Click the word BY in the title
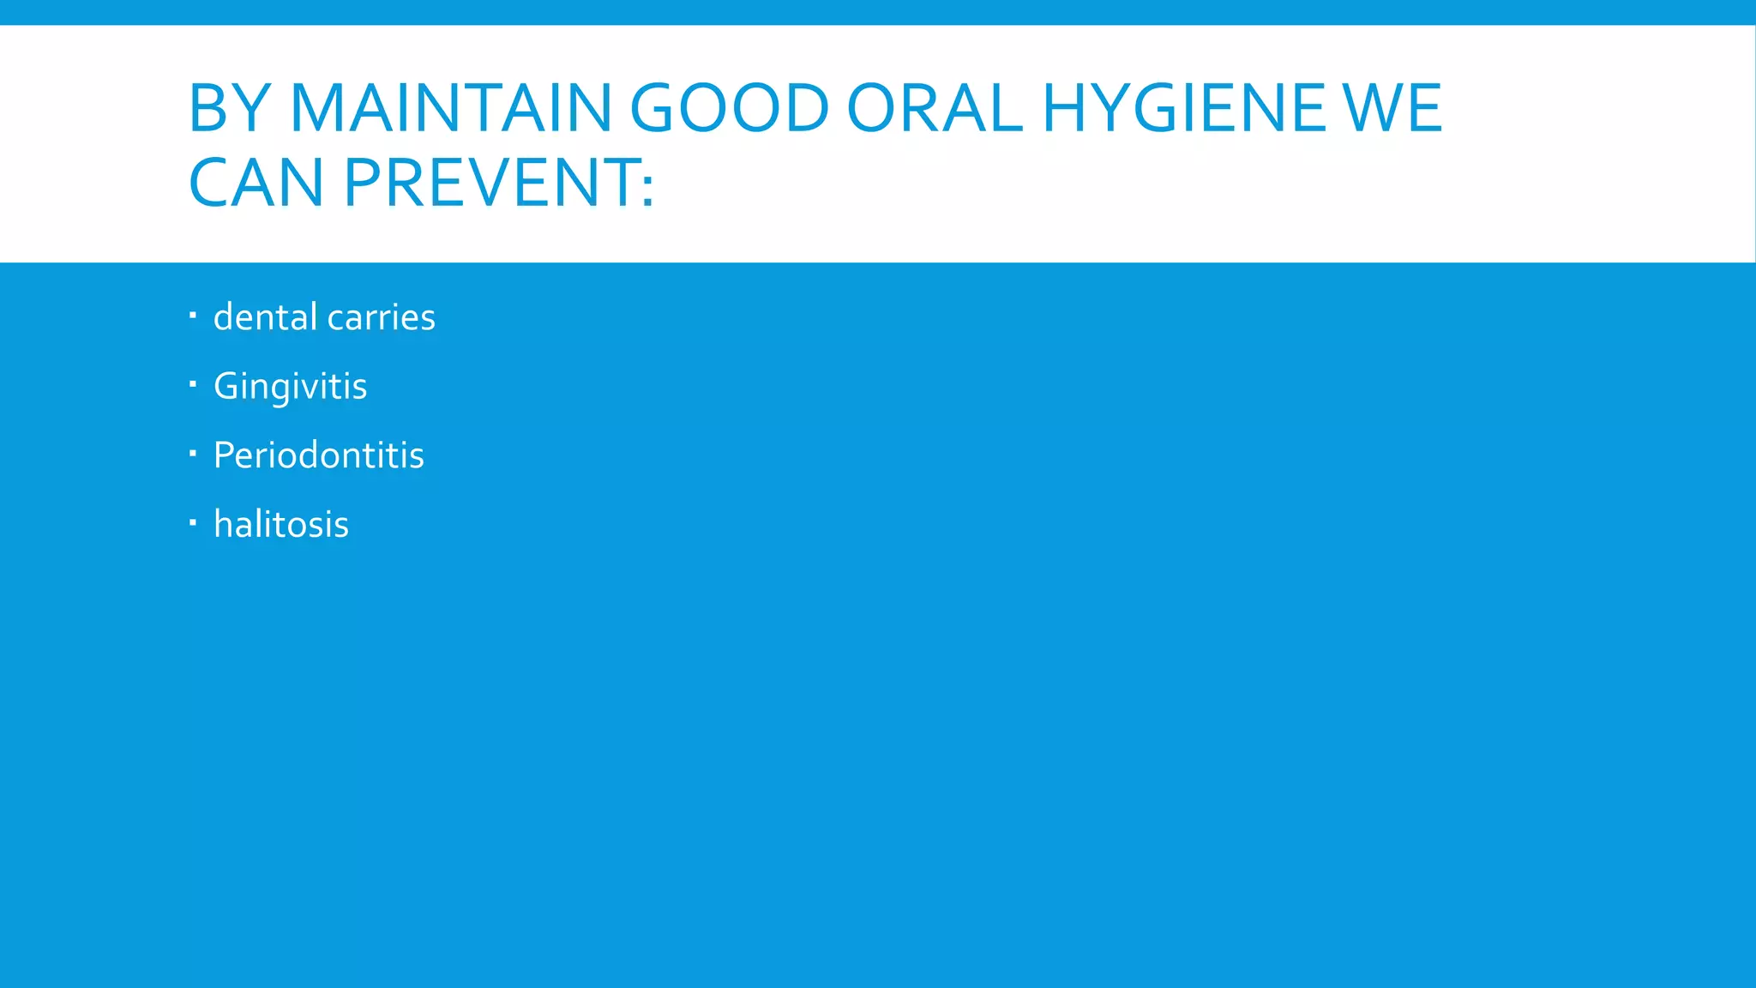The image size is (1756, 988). pyautogui.click(x=231, y=108)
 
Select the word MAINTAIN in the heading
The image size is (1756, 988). pyautogui.click(x=450, y=108)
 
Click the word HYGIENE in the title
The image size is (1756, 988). pyautogui.click(x=1183, y=108)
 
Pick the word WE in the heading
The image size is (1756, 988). pyautogui.click(x=1393, y=108)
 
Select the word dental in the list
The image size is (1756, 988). pyautogui.click(x=266, y=317)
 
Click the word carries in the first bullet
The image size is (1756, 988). pyautogui.click(x=382, y=317)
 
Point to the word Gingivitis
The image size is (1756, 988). pyautogui.click(x=290, y=387)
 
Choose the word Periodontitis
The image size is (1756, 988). pyautogui.click(x=318, y=455)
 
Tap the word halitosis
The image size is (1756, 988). pyautogui.click(x=281, y=524)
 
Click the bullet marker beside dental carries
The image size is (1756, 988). pyautogui.click(x=193, y=316)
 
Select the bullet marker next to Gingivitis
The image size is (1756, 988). pyautogui.click(x=193, y=384)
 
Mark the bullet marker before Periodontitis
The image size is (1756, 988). pyautogui.click(x=193, y=453)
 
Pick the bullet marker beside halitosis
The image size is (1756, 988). pyautogui.click(x=193, y=521)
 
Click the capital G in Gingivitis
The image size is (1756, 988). pyautogui.click(x=226, y=386)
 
